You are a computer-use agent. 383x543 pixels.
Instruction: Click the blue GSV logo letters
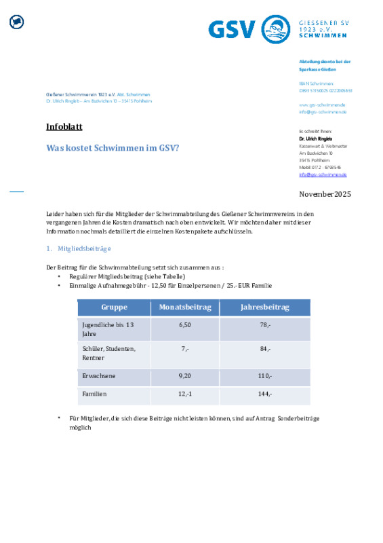point(232,30)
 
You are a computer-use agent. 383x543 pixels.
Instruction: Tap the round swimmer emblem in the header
point(275,30)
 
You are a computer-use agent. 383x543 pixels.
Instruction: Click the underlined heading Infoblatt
point(64,127)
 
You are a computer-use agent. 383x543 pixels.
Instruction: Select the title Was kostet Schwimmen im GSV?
point(113,148)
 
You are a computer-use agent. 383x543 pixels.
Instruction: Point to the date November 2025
point(325,194)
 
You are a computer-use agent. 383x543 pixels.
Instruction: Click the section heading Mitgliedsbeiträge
point(85,249)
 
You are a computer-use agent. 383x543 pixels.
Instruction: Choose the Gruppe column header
point(114,307)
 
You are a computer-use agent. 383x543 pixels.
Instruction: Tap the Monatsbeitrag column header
point(185,307)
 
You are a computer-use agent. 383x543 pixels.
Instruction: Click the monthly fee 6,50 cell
point(185,325)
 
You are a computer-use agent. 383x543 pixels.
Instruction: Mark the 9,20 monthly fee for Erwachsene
point(185,375)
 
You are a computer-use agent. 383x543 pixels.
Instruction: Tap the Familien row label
point(95,394)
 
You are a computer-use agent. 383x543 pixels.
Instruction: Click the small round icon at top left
point(16,22)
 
